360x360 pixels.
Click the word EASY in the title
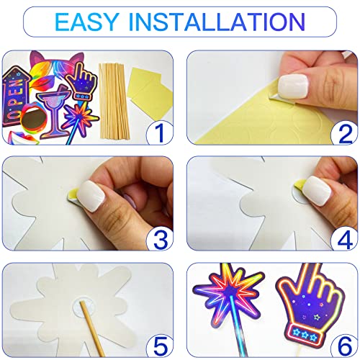tap(87, 22)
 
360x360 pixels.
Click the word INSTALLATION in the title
tap(217, 22)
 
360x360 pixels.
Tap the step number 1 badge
tap(160, 132)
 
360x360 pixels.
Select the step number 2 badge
tap(344, 132)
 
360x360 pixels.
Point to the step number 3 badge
tap(160, 239)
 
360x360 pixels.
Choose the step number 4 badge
tap(344, 239)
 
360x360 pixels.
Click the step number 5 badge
tap(160, 346)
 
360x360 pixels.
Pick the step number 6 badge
tap(344, 346)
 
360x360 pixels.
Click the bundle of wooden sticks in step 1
tap(114, 103)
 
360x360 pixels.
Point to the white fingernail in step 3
tap(92, 196)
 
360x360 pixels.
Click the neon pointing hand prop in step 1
tap(82, 81)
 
